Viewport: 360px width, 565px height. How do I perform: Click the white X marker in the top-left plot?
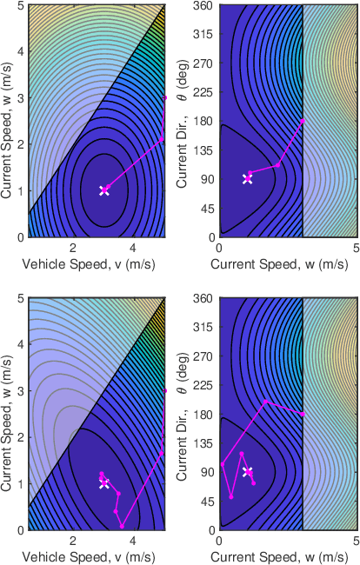(104, 190)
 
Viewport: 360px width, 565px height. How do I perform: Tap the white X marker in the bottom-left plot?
(104, 483)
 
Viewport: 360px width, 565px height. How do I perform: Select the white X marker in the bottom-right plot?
(247, 471)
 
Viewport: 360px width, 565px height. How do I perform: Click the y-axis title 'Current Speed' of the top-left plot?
(8, 120)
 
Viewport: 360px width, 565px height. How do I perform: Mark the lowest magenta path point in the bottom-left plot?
(123, 526)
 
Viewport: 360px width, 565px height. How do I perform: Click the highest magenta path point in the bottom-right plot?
(266, 402)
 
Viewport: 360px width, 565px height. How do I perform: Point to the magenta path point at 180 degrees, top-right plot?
(303, 120)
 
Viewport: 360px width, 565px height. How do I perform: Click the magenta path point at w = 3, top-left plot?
(165, 97)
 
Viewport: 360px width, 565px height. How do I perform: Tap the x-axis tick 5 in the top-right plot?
(357, 247)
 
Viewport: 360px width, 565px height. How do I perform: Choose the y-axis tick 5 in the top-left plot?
(21, 5)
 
